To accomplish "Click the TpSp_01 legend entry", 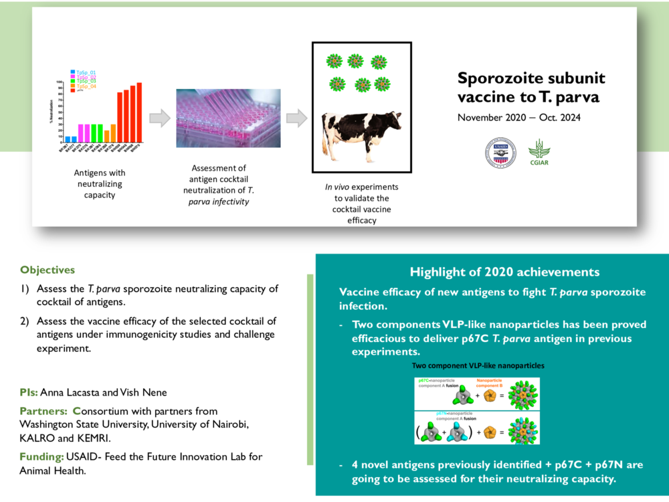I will point(86,72).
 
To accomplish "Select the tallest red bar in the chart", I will point(139,112).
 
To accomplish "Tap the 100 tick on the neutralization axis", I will point(60,84).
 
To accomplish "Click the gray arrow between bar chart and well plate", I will point(159,118).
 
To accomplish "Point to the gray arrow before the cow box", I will point(296,118).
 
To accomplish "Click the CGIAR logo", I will point(539,153).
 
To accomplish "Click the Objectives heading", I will point(47,270).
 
